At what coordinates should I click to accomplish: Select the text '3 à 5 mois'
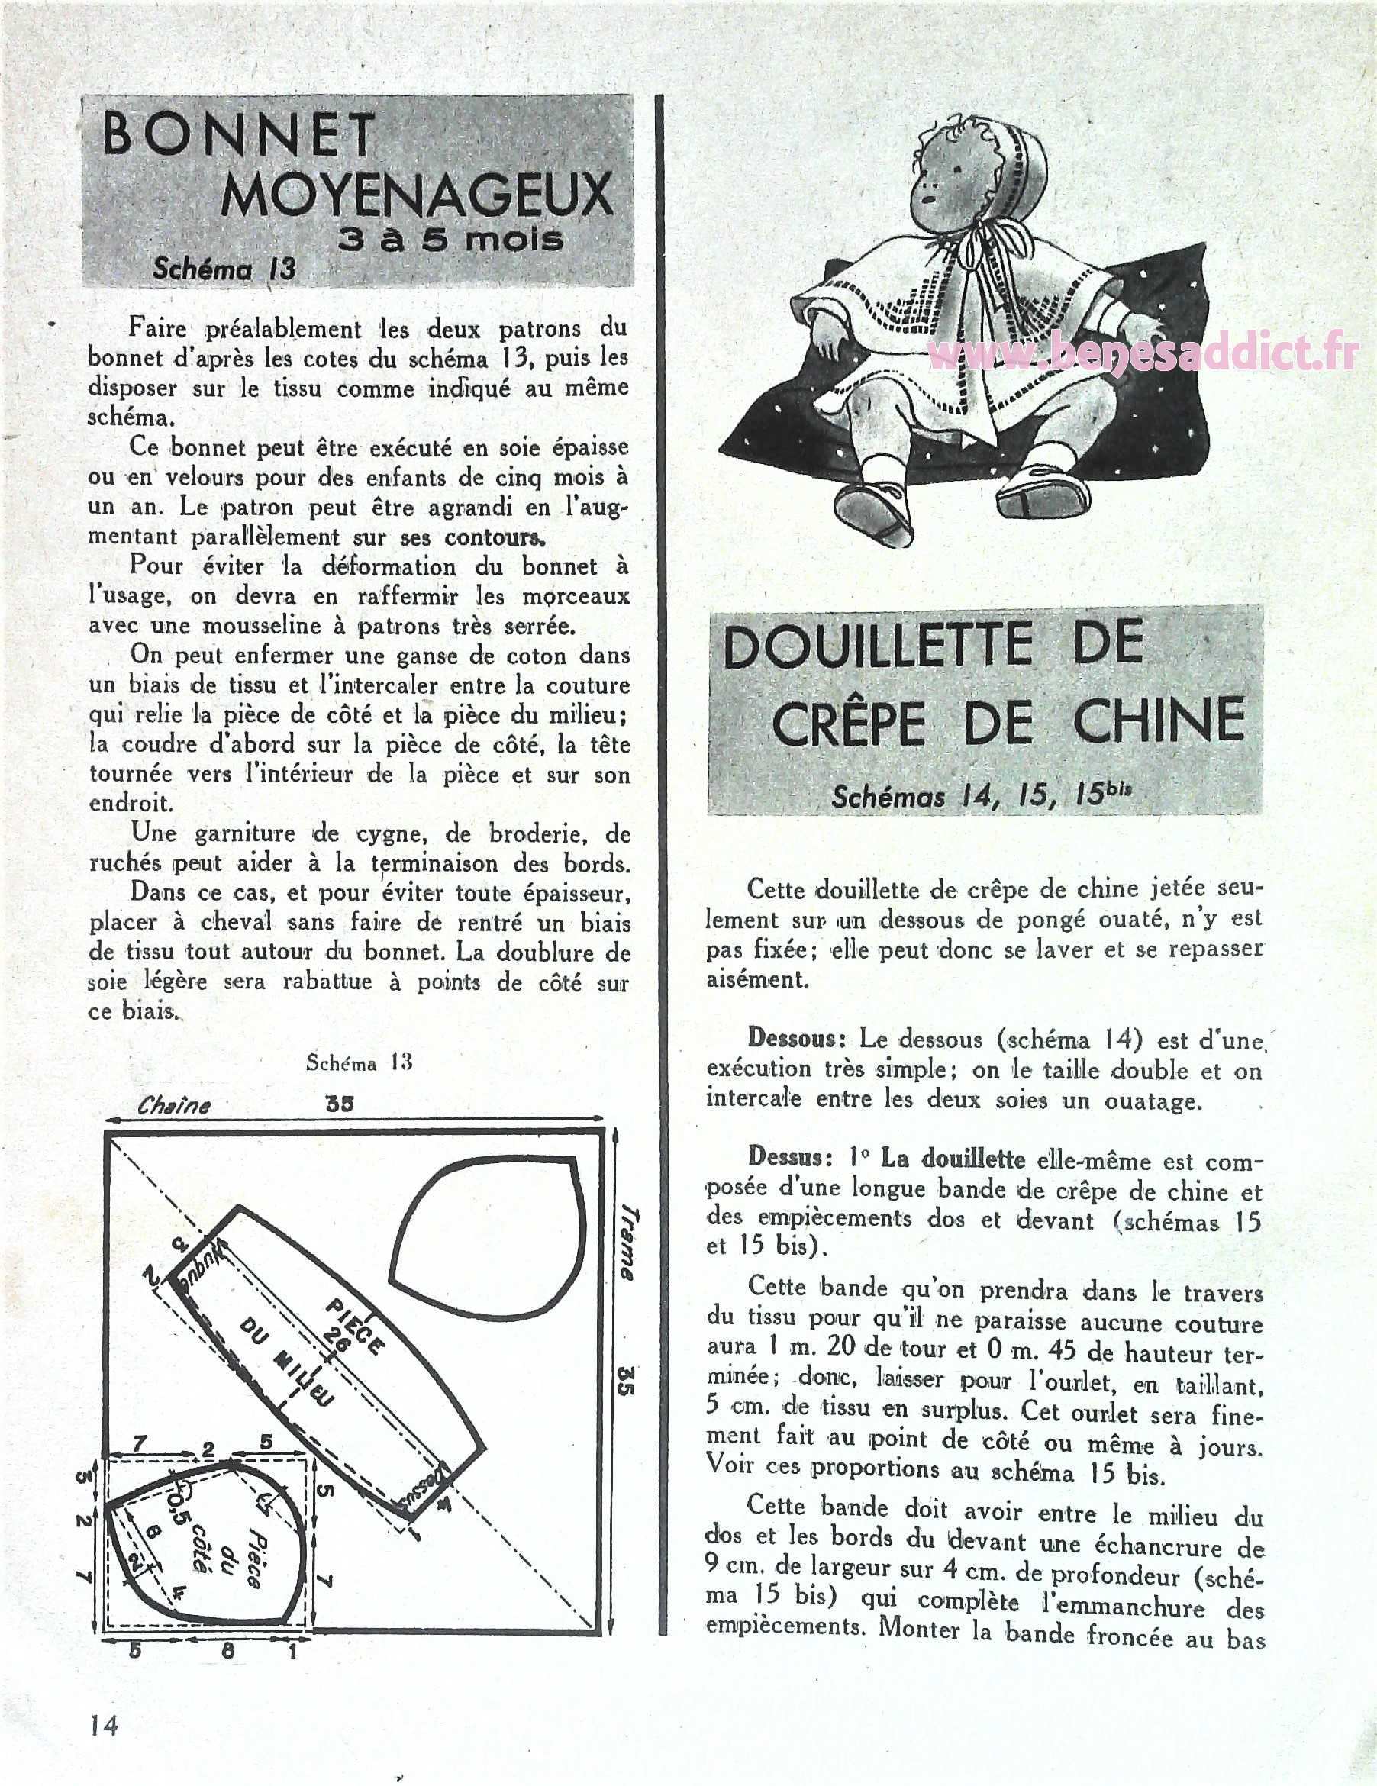click(451, 239)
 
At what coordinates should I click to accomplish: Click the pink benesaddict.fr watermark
click(1145, 354)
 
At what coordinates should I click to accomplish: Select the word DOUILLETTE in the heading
click(877, 645)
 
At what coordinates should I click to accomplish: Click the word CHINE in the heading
click(1159, 721)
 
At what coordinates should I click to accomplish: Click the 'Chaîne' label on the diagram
click(174, 1107)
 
